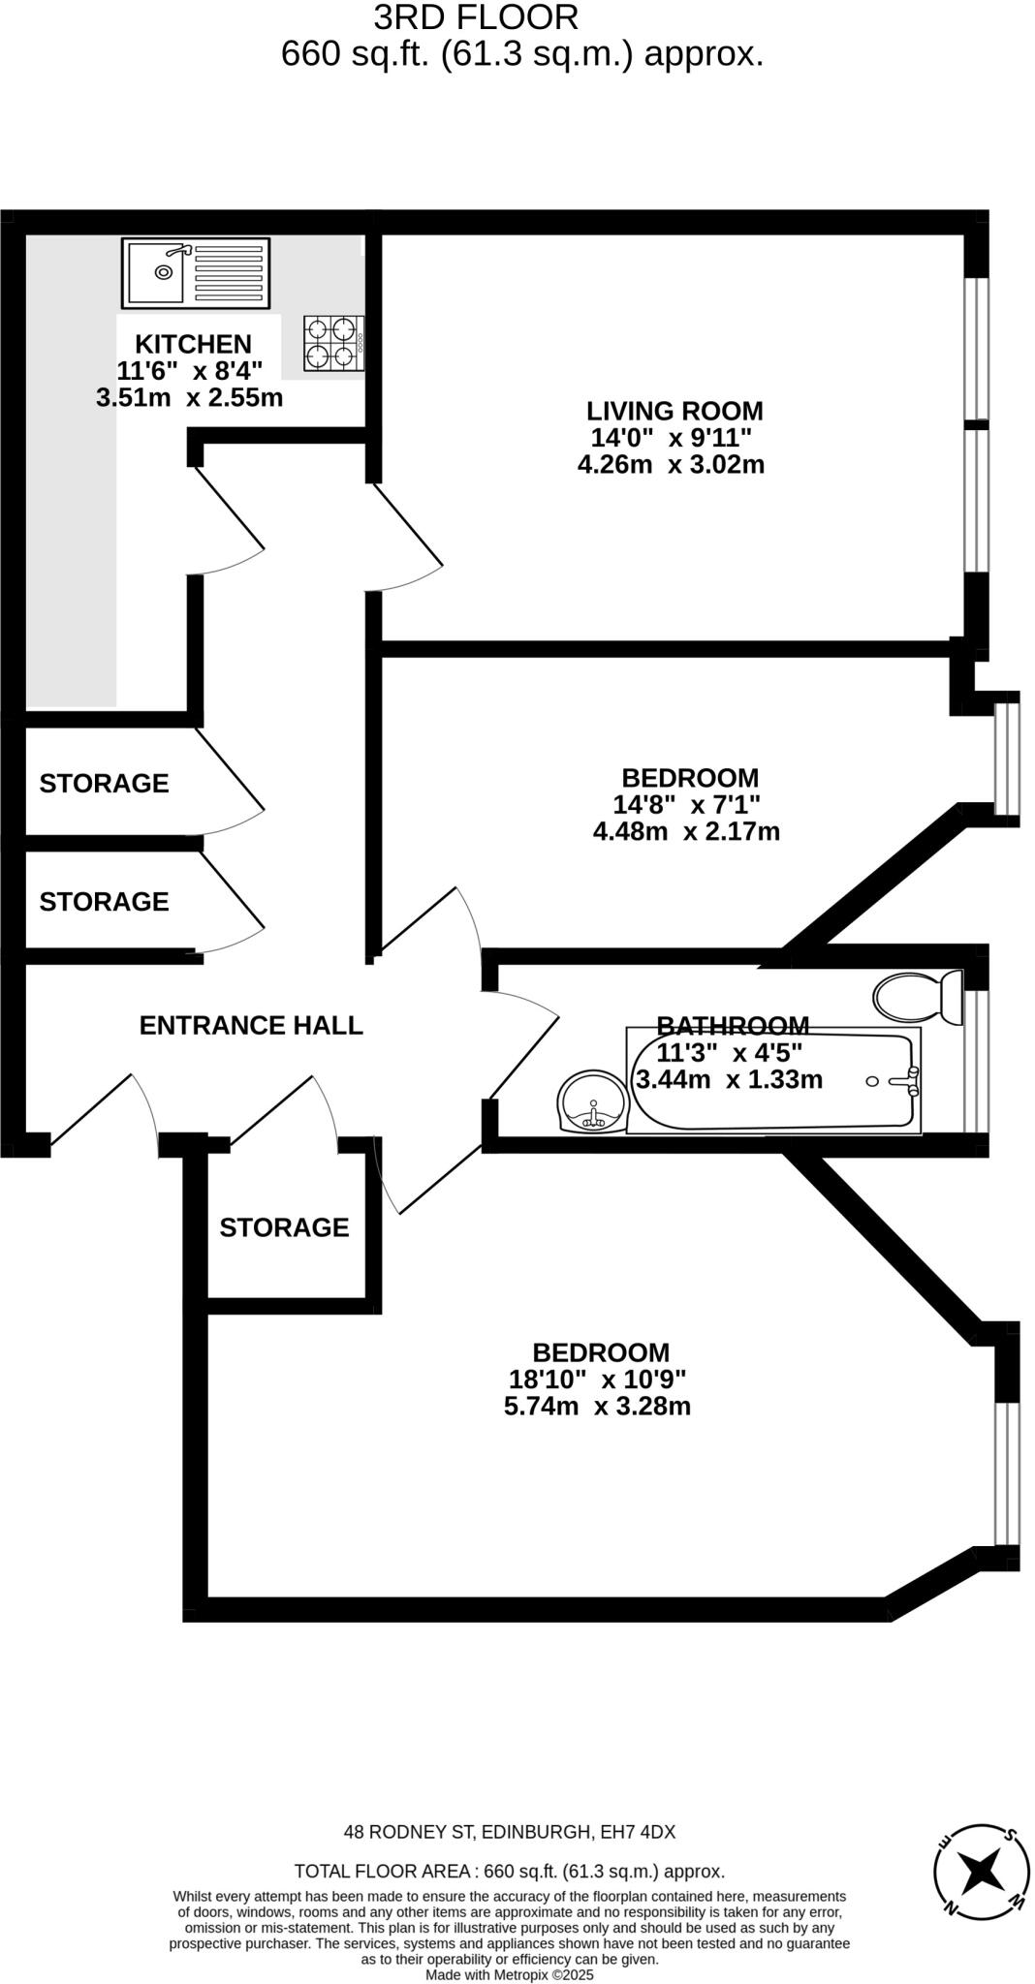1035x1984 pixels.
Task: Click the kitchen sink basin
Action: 156,272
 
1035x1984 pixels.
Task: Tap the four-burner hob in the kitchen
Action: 330,343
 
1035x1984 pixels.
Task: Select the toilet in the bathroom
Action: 916,996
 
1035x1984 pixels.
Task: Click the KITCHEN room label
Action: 193,344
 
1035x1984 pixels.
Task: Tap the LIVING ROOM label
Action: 674,411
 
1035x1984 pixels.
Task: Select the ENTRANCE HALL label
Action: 251,1025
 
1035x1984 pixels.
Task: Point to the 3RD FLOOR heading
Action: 476,16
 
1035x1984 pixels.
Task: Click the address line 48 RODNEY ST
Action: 510,1832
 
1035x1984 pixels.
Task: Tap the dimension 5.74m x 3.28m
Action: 597,1406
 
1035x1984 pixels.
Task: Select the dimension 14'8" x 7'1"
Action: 686,804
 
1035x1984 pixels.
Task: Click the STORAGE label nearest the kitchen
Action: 104,783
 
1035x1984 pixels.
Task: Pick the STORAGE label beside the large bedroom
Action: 284,1227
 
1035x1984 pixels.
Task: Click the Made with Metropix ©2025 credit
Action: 509,1974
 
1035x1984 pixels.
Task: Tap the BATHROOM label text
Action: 733,1024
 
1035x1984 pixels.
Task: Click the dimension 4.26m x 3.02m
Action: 671,464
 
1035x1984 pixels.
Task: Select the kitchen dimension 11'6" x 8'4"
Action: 190,370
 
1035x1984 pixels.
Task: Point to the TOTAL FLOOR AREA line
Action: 509,1872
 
